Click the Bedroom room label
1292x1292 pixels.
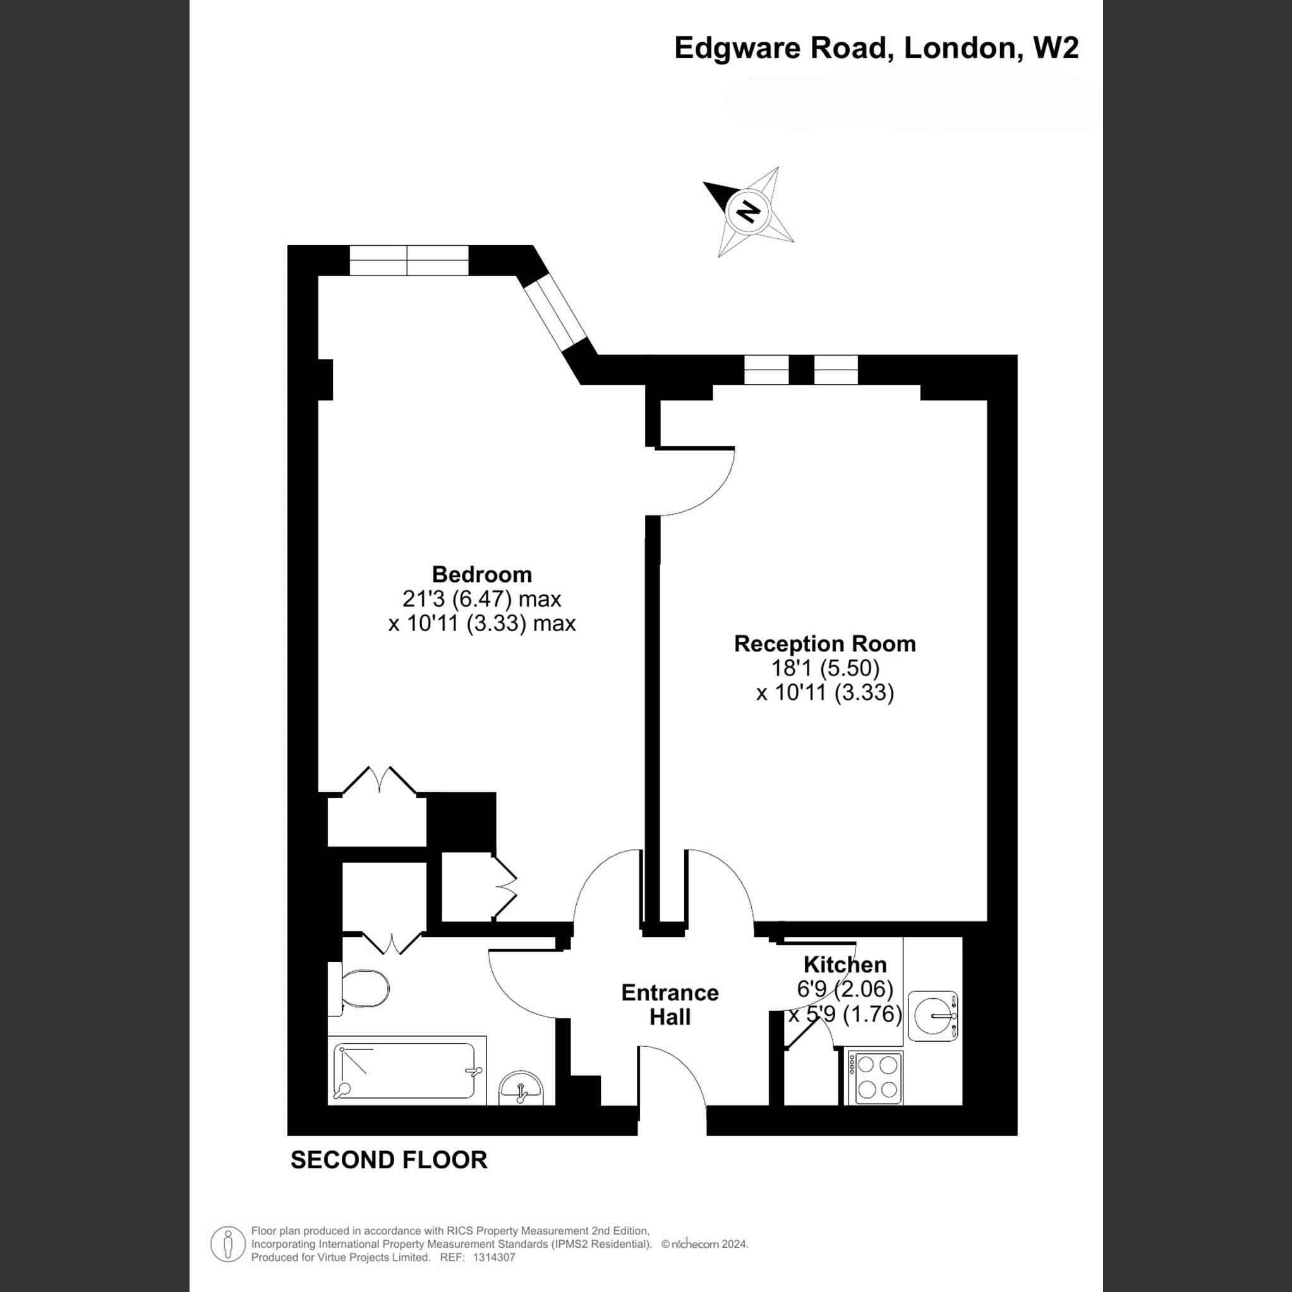point(481,574)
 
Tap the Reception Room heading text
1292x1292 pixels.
point(824,643)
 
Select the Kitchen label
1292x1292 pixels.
point(845,964)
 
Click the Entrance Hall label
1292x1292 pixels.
point(670,1005)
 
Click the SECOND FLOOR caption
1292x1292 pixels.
point(389,1159)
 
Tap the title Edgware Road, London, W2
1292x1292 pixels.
point(876,48)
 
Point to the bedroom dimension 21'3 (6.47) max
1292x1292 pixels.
point(481,598)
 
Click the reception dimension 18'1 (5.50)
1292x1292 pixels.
point(824,668)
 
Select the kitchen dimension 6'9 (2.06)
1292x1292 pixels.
point(845,988)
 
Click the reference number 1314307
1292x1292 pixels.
point(493,1257)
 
